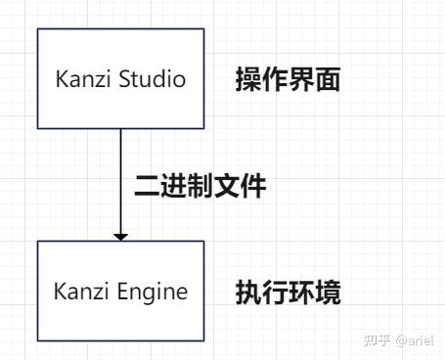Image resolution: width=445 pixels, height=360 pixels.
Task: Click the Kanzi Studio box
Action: coord(120,78)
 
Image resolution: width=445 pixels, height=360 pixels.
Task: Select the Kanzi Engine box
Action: coord(120,291)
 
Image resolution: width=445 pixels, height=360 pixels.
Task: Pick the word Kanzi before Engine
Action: coord(81,292)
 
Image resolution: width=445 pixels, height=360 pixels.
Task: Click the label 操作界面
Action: coord(288,80)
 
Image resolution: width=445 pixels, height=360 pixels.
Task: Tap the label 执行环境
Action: coord(288,292)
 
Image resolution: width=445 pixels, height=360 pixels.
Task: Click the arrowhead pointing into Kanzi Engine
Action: coord(120,235)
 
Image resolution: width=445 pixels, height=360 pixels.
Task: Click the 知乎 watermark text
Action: coord(377,339)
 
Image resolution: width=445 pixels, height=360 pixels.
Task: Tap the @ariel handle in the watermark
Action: coord(414,339)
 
